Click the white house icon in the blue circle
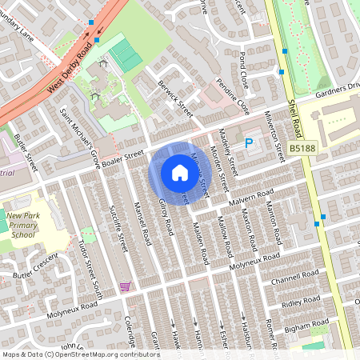(x=179, y=172)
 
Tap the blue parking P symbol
(x=248, y=143)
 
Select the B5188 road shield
(x=302, y=149)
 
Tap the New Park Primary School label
(x=22, y=230)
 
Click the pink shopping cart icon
(x=124, y=286)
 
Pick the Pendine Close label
(x=233, y=96)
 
